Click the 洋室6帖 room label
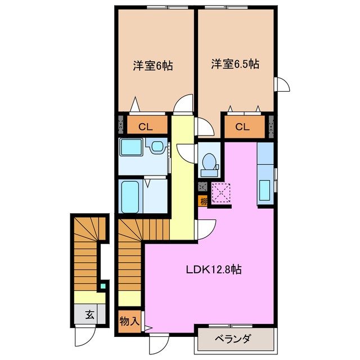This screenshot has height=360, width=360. pyautogui.click(x=152, y=65)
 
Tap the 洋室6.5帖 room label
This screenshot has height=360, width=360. pyautogui.click(x=235, y=64)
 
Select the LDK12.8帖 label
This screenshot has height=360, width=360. pyautogui.click(x=214, y=269)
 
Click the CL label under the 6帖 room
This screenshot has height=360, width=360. pyautogui.click(x=145, y=127)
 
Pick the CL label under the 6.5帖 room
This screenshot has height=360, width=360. pyautogui.click(x=242, y=127)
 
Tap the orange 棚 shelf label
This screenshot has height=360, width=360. pyautogui.click(x=202, y=201)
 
